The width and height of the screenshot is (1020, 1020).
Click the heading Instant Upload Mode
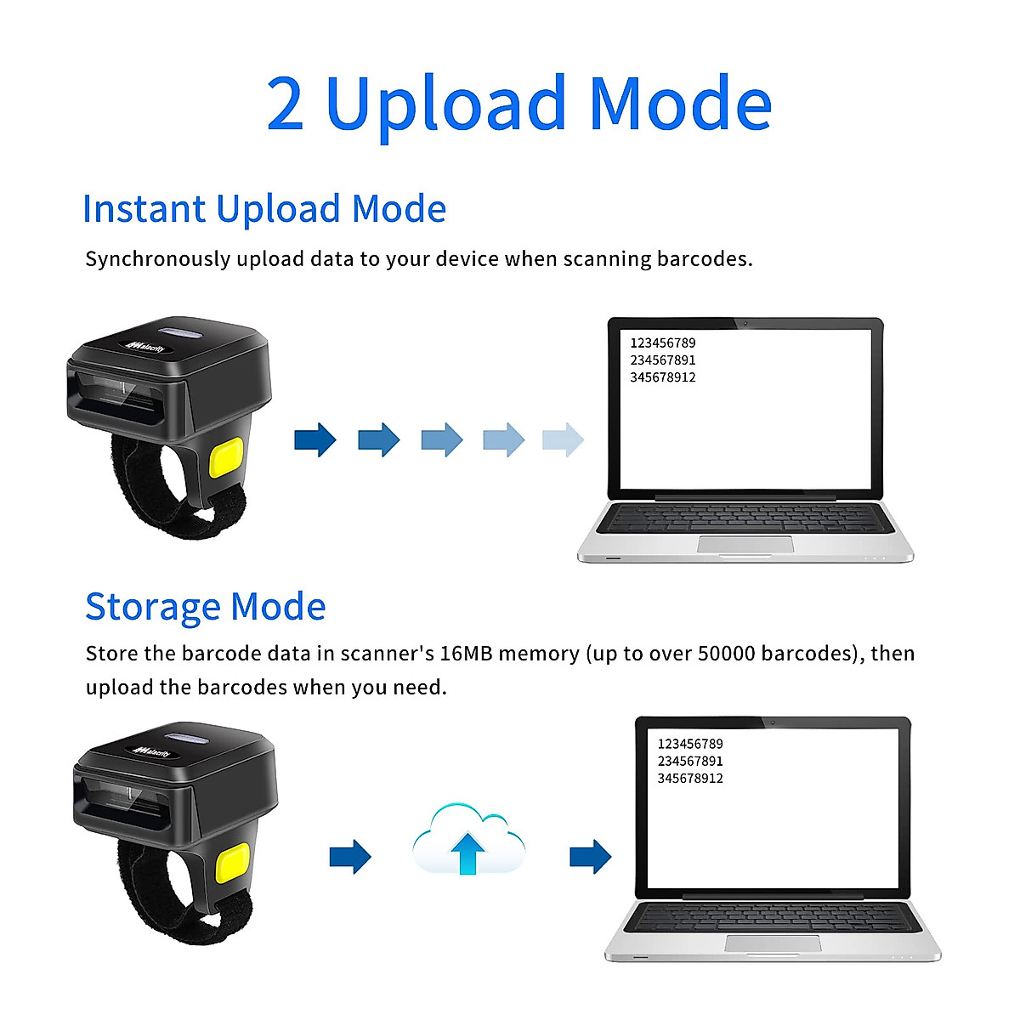pos(264,209)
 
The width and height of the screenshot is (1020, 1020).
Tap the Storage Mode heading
pos(205,607)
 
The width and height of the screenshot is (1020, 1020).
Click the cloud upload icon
pos(468,841)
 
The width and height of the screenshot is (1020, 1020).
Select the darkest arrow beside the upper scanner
pos(315,439)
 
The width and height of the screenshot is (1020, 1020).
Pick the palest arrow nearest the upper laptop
pos(563,439)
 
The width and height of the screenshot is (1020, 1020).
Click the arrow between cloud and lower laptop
pos(590,856)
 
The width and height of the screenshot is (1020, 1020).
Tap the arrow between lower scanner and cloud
pos(350,856)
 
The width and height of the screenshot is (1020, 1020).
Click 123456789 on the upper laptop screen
pos(662,343)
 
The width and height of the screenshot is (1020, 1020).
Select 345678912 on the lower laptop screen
pos(690,779)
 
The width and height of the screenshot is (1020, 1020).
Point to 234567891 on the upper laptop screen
pos(662,360)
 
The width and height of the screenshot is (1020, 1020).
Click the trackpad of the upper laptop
pos(745,544)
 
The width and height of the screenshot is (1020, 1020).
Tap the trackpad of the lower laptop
pos(773,943)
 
